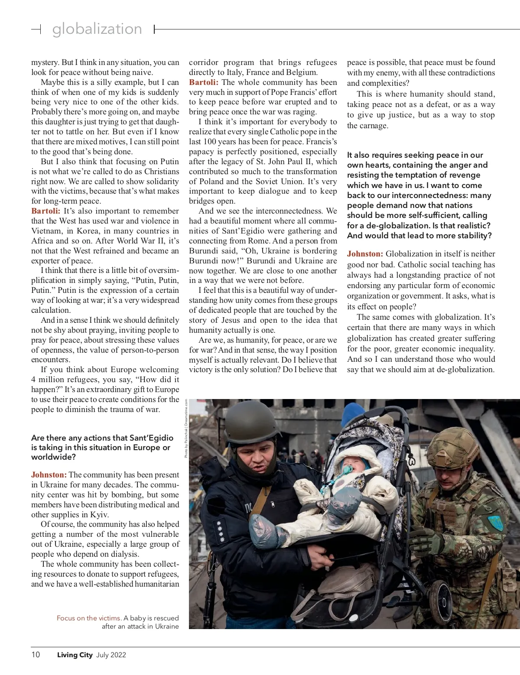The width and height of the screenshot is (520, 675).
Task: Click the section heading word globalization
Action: pyautogui.click(x=97, y=29)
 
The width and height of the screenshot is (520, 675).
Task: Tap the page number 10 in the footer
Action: pyautogui.click(x=36, y=655)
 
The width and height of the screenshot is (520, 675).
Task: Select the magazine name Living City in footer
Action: pyautogui.click(x=75, y=655)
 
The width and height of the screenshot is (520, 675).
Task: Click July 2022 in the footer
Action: pyautogui.click(x=111, y=655)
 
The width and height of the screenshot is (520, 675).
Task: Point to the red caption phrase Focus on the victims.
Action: pyautogui.click(x=89, y=618)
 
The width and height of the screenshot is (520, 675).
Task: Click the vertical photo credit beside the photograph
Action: pyautogui.click(x=186, y=428)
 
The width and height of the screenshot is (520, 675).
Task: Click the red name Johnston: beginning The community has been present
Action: pyautogui.click(x=49, y=474)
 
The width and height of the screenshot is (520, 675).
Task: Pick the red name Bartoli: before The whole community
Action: pyautogui.click(x=204, y=82)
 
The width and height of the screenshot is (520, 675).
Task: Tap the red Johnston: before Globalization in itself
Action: pyautogui.click(x=365, y=254)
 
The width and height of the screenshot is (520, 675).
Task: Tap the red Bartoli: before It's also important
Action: pyautogui.click(x=45, y=211)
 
